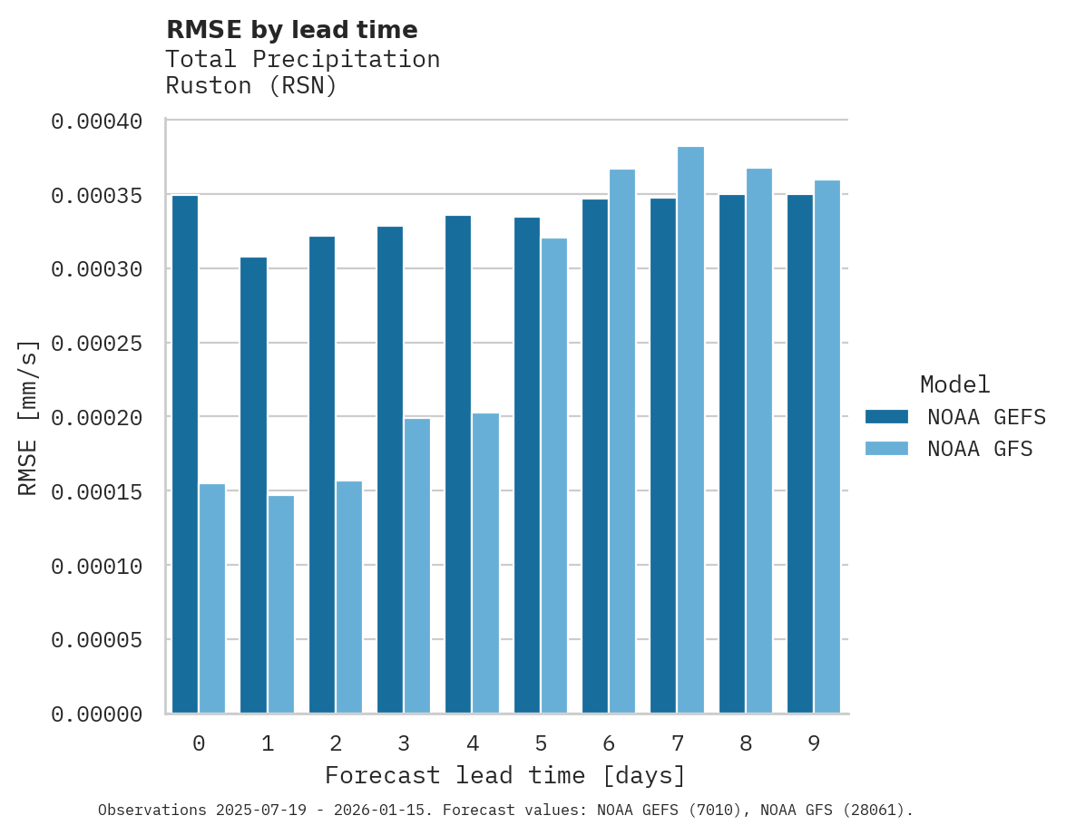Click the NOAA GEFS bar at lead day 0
(x=185, y=454)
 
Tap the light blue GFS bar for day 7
(x=691, y=430)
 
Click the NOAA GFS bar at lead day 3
(x=417, y=566)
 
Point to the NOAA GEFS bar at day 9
(x=800, y=454)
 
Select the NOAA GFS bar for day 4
(x=486, y=563)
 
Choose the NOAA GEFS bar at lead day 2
(x=322, y=475)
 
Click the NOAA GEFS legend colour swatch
(x=887, y=416)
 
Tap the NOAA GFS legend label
(x=980, y=448)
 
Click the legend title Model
(x=954, y=384)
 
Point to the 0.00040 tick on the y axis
(x=110, y=121)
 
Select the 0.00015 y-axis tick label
(x=110, y=491)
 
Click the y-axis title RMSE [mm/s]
(x=29, y=417)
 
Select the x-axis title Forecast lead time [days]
(x=505, y=776)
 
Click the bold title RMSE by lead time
(x=292, y=30)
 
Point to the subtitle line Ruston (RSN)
(x=251, y=86)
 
